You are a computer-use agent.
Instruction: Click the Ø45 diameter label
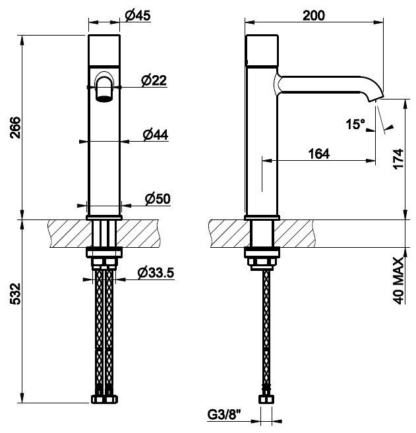[138, 16]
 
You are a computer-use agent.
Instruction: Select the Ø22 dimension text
[154, 80]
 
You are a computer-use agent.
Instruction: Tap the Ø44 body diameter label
[156, 134]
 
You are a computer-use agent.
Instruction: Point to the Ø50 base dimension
[157, 198]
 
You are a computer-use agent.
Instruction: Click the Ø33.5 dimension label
[156, 272]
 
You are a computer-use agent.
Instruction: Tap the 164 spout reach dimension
[319, 153]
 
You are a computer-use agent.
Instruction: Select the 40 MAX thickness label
[398, 279]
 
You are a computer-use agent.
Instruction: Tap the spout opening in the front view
[104, 99]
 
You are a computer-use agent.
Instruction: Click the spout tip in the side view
[374, 99]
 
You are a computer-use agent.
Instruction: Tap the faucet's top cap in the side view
[262, 49]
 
